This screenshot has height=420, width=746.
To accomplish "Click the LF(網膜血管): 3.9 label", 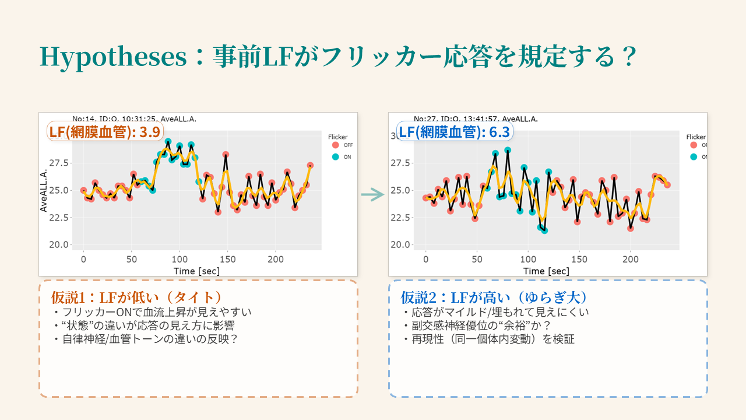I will click(105, 132).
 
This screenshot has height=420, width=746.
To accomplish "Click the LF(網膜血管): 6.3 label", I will click(454, 132).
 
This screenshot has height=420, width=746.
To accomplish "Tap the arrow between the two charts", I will click(372, 194).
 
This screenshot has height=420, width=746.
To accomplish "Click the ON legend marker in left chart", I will click(335, 157).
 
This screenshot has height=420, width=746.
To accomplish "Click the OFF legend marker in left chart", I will click(335, 145).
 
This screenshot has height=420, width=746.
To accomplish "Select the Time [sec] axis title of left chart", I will click(196, 271).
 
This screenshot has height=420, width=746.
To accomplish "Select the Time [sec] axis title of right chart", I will click(546, 271).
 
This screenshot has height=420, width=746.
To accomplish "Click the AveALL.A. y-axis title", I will click(44, 190).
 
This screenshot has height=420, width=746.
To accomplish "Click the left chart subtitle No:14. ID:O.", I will click(134, 118).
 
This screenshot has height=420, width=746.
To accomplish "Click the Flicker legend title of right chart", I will click(696, 137).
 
